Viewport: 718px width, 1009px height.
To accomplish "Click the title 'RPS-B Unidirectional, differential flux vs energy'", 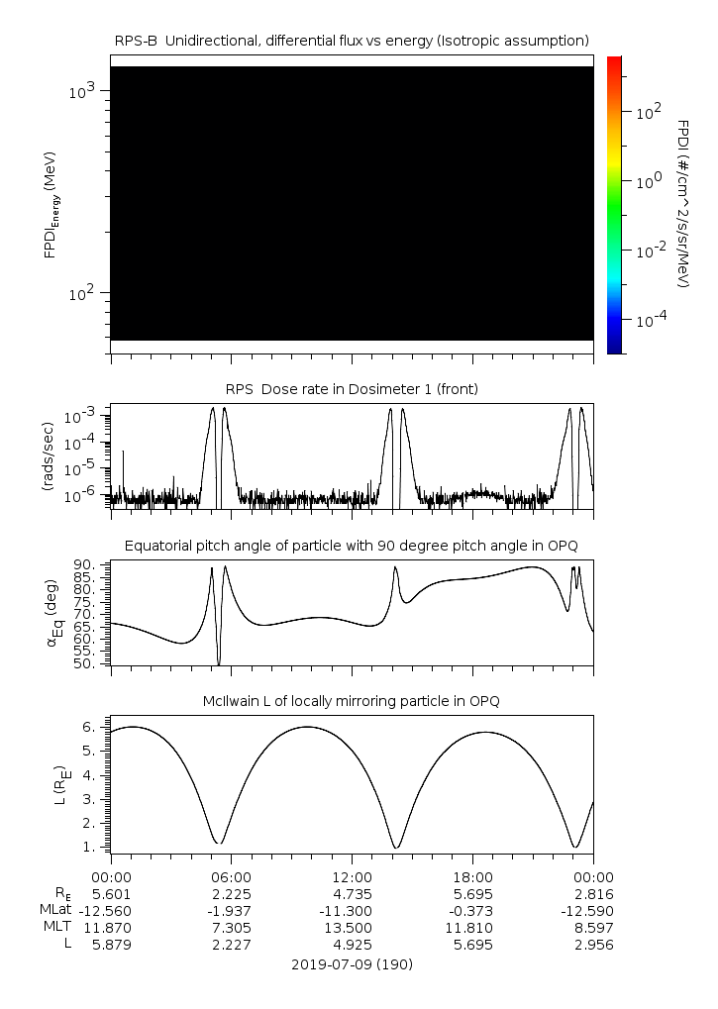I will click(x=352, y=40).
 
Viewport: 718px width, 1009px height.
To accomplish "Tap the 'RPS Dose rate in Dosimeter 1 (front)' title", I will click(x=352, y=389).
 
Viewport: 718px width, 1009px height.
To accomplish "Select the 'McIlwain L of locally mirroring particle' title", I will click(x=352, y=701).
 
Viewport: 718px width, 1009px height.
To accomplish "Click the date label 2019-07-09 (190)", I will click(x=352, y=963).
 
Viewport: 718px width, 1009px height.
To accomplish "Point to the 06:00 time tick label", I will click(x=232, y=876).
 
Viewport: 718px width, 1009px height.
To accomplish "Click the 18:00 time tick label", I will click(x=472, y=876).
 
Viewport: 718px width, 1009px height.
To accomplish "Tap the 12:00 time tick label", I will click(x=352, y=876).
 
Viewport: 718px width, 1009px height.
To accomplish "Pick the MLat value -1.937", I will click(x=232, y=910).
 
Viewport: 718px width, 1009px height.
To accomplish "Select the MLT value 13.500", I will click(x=352, y=927).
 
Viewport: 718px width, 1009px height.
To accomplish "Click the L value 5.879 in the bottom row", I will click(x=111, y=945).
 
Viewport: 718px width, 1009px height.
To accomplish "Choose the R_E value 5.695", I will click(x=472, y=893).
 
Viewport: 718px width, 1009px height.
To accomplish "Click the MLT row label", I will click(x=52, y=927).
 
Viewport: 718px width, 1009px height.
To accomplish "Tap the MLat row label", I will click(x=52, y=910).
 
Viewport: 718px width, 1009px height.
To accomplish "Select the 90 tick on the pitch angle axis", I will click(x=84, y=564).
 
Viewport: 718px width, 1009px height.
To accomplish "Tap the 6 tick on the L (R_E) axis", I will click(x=88, y=727).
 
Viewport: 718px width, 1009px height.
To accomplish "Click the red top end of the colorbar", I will click(x=614, y=61).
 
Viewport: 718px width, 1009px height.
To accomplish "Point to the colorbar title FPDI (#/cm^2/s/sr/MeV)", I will click(x=683, y=203).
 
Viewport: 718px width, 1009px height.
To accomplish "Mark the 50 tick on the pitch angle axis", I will click(x=84, y=663).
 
